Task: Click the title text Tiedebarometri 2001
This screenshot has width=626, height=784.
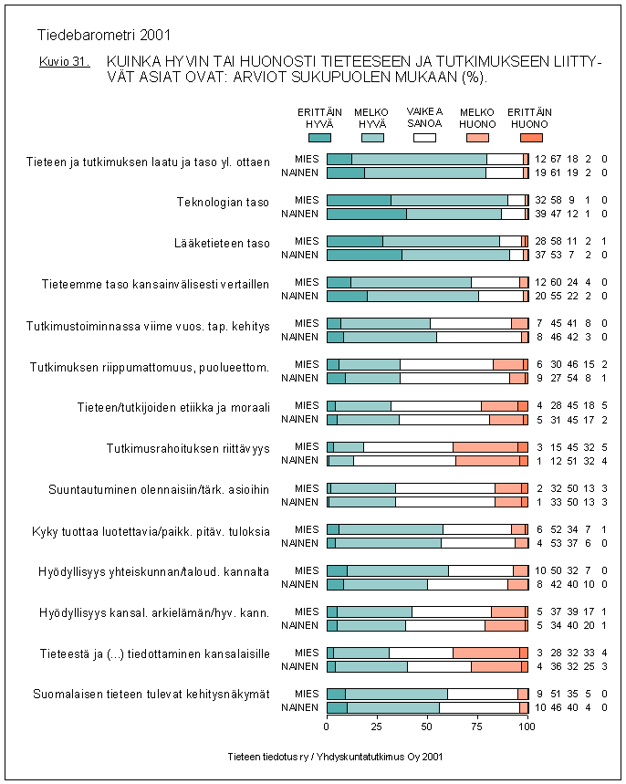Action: click(104, 37)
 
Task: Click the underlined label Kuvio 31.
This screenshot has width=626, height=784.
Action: click(64, 62)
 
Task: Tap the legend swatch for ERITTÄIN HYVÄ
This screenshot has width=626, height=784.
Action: click(319, 137)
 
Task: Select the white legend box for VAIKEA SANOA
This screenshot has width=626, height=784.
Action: click(424, 137)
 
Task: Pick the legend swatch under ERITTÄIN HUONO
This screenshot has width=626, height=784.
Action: click(530, 137)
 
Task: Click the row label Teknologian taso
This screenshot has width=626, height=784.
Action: click(223, 202)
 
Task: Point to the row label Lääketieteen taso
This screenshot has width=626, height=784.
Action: click(222, 243)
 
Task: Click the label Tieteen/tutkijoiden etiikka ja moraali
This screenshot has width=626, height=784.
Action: click(173, 407)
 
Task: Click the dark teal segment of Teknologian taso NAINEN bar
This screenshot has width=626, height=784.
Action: click(366, 214)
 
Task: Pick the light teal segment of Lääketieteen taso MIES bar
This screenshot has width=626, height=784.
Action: click(441, 241)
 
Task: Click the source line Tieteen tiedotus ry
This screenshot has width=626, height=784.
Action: click(337, 757)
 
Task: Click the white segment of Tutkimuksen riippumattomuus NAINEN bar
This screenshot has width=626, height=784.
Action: click(454, 378)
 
